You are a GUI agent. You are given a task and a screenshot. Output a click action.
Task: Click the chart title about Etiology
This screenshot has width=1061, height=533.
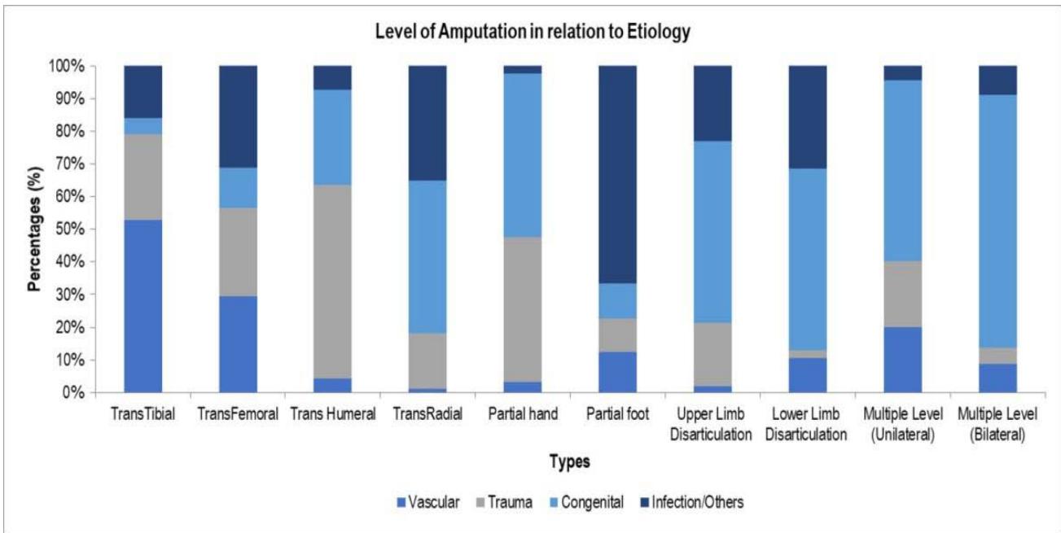[x=533, y=33]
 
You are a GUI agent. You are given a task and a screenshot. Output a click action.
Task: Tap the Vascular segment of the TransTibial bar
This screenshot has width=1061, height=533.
[x=142, y=306]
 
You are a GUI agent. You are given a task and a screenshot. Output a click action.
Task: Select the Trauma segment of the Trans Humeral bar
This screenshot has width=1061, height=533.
[x=333, y=282]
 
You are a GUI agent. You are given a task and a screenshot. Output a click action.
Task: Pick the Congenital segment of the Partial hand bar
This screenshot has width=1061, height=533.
[x=523, y=155]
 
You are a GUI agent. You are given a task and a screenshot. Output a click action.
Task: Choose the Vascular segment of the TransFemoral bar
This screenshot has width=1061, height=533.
[x=238, y=344]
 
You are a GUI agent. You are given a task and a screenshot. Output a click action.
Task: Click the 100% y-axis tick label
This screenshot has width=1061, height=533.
[x=67, y=66]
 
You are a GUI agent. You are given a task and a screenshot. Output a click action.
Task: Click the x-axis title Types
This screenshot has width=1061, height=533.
[x=570, y=462]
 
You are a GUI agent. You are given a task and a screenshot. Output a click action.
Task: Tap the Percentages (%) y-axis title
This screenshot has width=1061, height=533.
[x=34, y=229]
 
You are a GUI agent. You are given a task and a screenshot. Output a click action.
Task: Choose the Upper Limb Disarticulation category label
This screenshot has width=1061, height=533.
[x=711, y=424]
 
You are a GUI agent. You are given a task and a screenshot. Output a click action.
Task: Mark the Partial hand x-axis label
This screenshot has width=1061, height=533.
[x=524, y=414]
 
